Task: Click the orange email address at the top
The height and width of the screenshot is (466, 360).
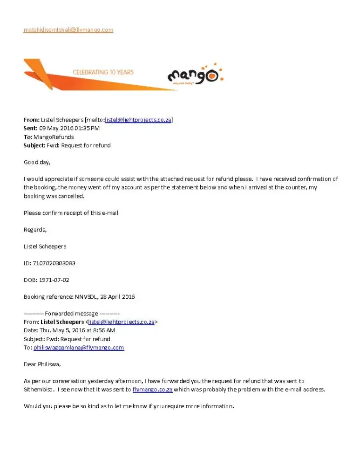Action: [68, 30]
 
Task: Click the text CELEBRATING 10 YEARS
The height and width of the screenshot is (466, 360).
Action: [103, 72]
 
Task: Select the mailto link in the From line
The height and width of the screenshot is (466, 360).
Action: [138, 120]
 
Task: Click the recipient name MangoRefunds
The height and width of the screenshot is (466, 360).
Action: [54, 137]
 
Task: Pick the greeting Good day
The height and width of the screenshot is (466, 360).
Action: [37, 162]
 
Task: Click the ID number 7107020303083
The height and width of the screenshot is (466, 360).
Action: [54, 263]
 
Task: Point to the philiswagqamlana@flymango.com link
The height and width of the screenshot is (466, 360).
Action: [79, 348]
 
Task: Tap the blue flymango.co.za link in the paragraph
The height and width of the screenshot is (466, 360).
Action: [152, 390]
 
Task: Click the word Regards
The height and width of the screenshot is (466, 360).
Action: [35, 229]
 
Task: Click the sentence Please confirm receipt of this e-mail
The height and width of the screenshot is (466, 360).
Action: [71, 213]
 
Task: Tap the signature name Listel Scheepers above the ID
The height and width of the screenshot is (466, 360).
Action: [45, 246]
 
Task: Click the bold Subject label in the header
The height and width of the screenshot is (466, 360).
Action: [34, 145]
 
